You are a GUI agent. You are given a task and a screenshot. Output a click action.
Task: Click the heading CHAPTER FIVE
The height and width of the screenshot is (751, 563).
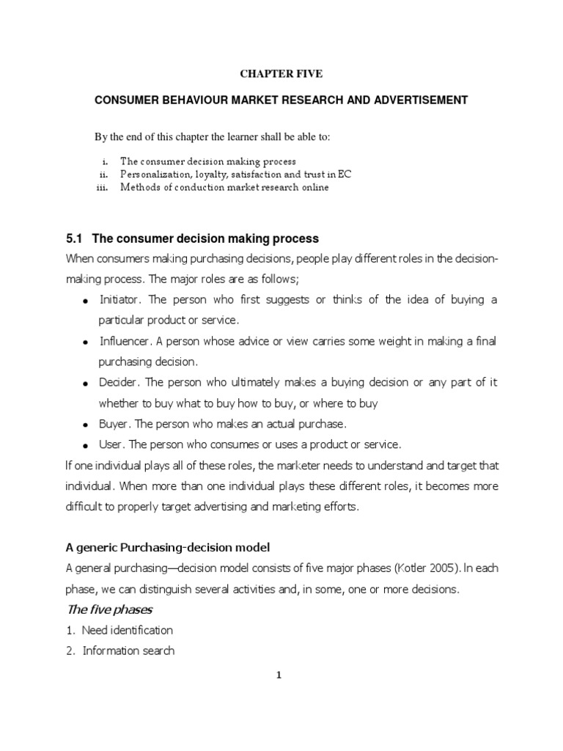pyautogui.click(x=281, y=74)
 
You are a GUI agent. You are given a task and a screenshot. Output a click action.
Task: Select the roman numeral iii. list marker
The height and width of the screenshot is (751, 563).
pyautogui.click(x=103, y=187)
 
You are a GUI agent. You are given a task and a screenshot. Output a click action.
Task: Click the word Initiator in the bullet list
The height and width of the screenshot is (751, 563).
pyautogui.click(x=122, y=300)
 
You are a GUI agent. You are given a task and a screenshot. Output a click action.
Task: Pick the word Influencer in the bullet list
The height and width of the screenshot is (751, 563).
pyautogui.click(x=126, y=341)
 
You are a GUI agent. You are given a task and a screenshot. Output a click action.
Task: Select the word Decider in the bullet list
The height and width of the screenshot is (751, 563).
pyautogui.click(x=121, y=383)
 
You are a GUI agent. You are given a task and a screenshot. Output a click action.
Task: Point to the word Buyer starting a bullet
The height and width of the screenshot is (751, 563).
pyautogui.click(x=114, y=424)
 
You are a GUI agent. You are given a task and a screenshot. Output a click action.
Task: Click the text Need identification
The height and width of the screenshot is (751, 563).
pyautogui.click(x=128, y=630)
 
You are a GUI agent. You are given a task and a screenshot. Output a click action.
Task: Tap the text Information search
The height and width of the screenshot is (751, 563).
pyautogui.click(x=128, y=651)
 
